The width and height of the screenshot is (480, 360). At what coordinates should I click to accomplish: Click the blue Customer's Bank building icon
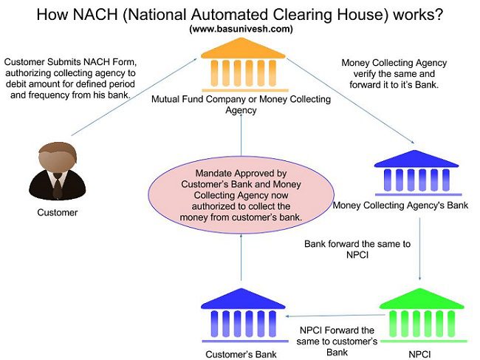click(x=242, y=316)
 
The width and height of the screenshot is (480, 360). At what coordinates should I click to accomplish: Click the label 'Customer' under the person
click(x=57, y=213)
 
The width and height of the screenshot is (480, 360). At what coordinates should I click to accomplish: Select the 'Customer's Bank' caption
click(x=242, y=354)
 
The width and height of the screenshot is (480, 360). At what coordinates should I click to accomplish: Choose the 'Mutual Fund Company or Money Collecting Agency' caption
click(x=241, y=103)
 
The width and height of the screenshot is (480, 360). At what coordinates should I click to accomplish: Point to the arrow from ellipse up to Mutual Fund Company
click(x=241, y=139)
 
